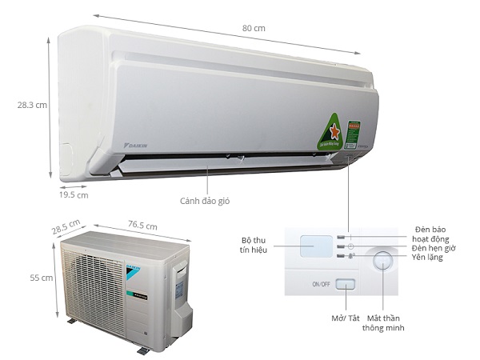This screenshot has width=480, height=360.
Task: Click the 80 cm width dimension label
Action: pos(254,28)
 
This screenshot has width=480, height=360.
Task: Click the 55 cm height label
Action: pos(40,278)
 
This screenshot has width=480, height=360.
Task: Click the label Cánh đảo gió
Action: pos(204,200)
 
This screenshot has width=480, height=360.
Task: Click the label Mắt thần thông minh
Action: pos(384,322)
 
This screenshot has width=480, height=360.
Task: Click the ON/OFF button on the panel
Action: pos(345,284)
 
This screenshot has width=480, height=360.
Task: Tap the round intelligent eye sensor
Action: pos(382,261)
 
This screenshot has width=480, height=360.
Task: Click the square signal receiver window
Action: pos(314,245)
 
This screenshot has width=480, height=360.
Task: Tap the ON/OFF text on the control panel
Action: pos(321,284)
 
